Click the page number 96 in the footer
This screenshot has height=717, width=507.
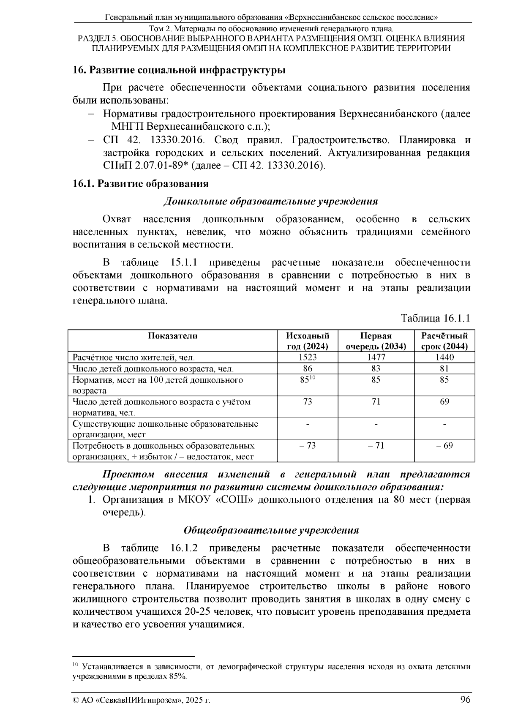point(465,699)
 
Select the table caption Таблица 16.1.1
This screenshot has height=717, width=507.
point(435,318)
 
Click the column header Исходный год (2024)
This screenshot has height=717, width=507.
point(308,341)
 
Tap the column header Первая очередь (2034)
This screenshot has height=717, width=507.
point(376,341)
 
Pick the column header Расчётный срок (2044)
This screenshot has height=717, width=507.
point(444,341)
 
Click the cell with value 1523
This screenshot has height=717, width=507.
point(308,357)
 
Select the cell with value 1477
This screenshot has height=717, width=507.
point(376,357)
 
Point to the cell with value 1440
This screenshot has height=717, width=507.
point(444,357)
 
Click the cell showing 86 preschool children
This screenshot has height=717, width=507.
point(308,368)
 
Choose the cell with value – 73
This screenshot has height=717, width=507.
point(308,446)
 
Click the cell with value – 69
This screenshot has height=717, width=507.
point(444,446)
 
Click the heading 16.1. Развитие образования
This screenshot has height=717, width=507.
point(141,184)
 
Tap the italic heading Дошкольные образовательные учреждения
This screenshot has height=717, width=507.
point(270,201)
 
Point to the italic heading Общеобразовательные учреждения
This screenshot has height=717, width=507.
point(271,530)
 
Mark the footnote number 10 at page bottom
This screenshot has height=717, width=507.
point(76,665)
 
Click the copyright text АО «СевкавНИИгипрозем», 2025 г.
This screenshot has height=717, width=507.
point(142,700)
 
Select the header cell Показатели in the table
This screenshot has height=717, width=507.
point(172,336)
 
